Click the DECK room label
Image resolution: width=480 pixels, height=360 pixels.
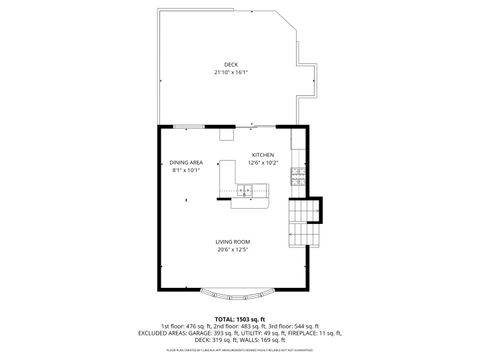click(x=231, y=65)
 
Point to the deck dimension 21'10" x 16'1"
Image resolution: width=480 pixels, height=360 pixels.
click(x=231, y=73)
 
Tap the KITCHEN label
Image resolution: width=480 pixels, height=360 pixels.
click(x=263, y=155)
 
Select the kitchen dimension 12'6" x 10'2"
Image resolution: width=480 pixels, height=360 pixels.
click(x=263, y=163)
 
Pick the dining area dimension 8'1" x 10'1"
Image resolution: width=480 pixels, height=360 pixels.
click(x=185, y=170)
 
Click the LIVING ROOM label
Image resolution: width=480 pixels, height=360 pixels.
click(x=233, y=241)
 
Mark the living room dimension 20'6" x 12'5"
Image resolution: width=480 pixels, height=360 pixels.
click(x=233, y=249)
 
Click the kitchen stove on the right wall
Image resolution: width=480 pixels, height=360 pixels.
click(x=297, y=177)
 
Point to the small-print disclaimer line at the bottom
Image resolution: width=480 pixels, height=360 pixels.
click(x=239, y=350)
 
